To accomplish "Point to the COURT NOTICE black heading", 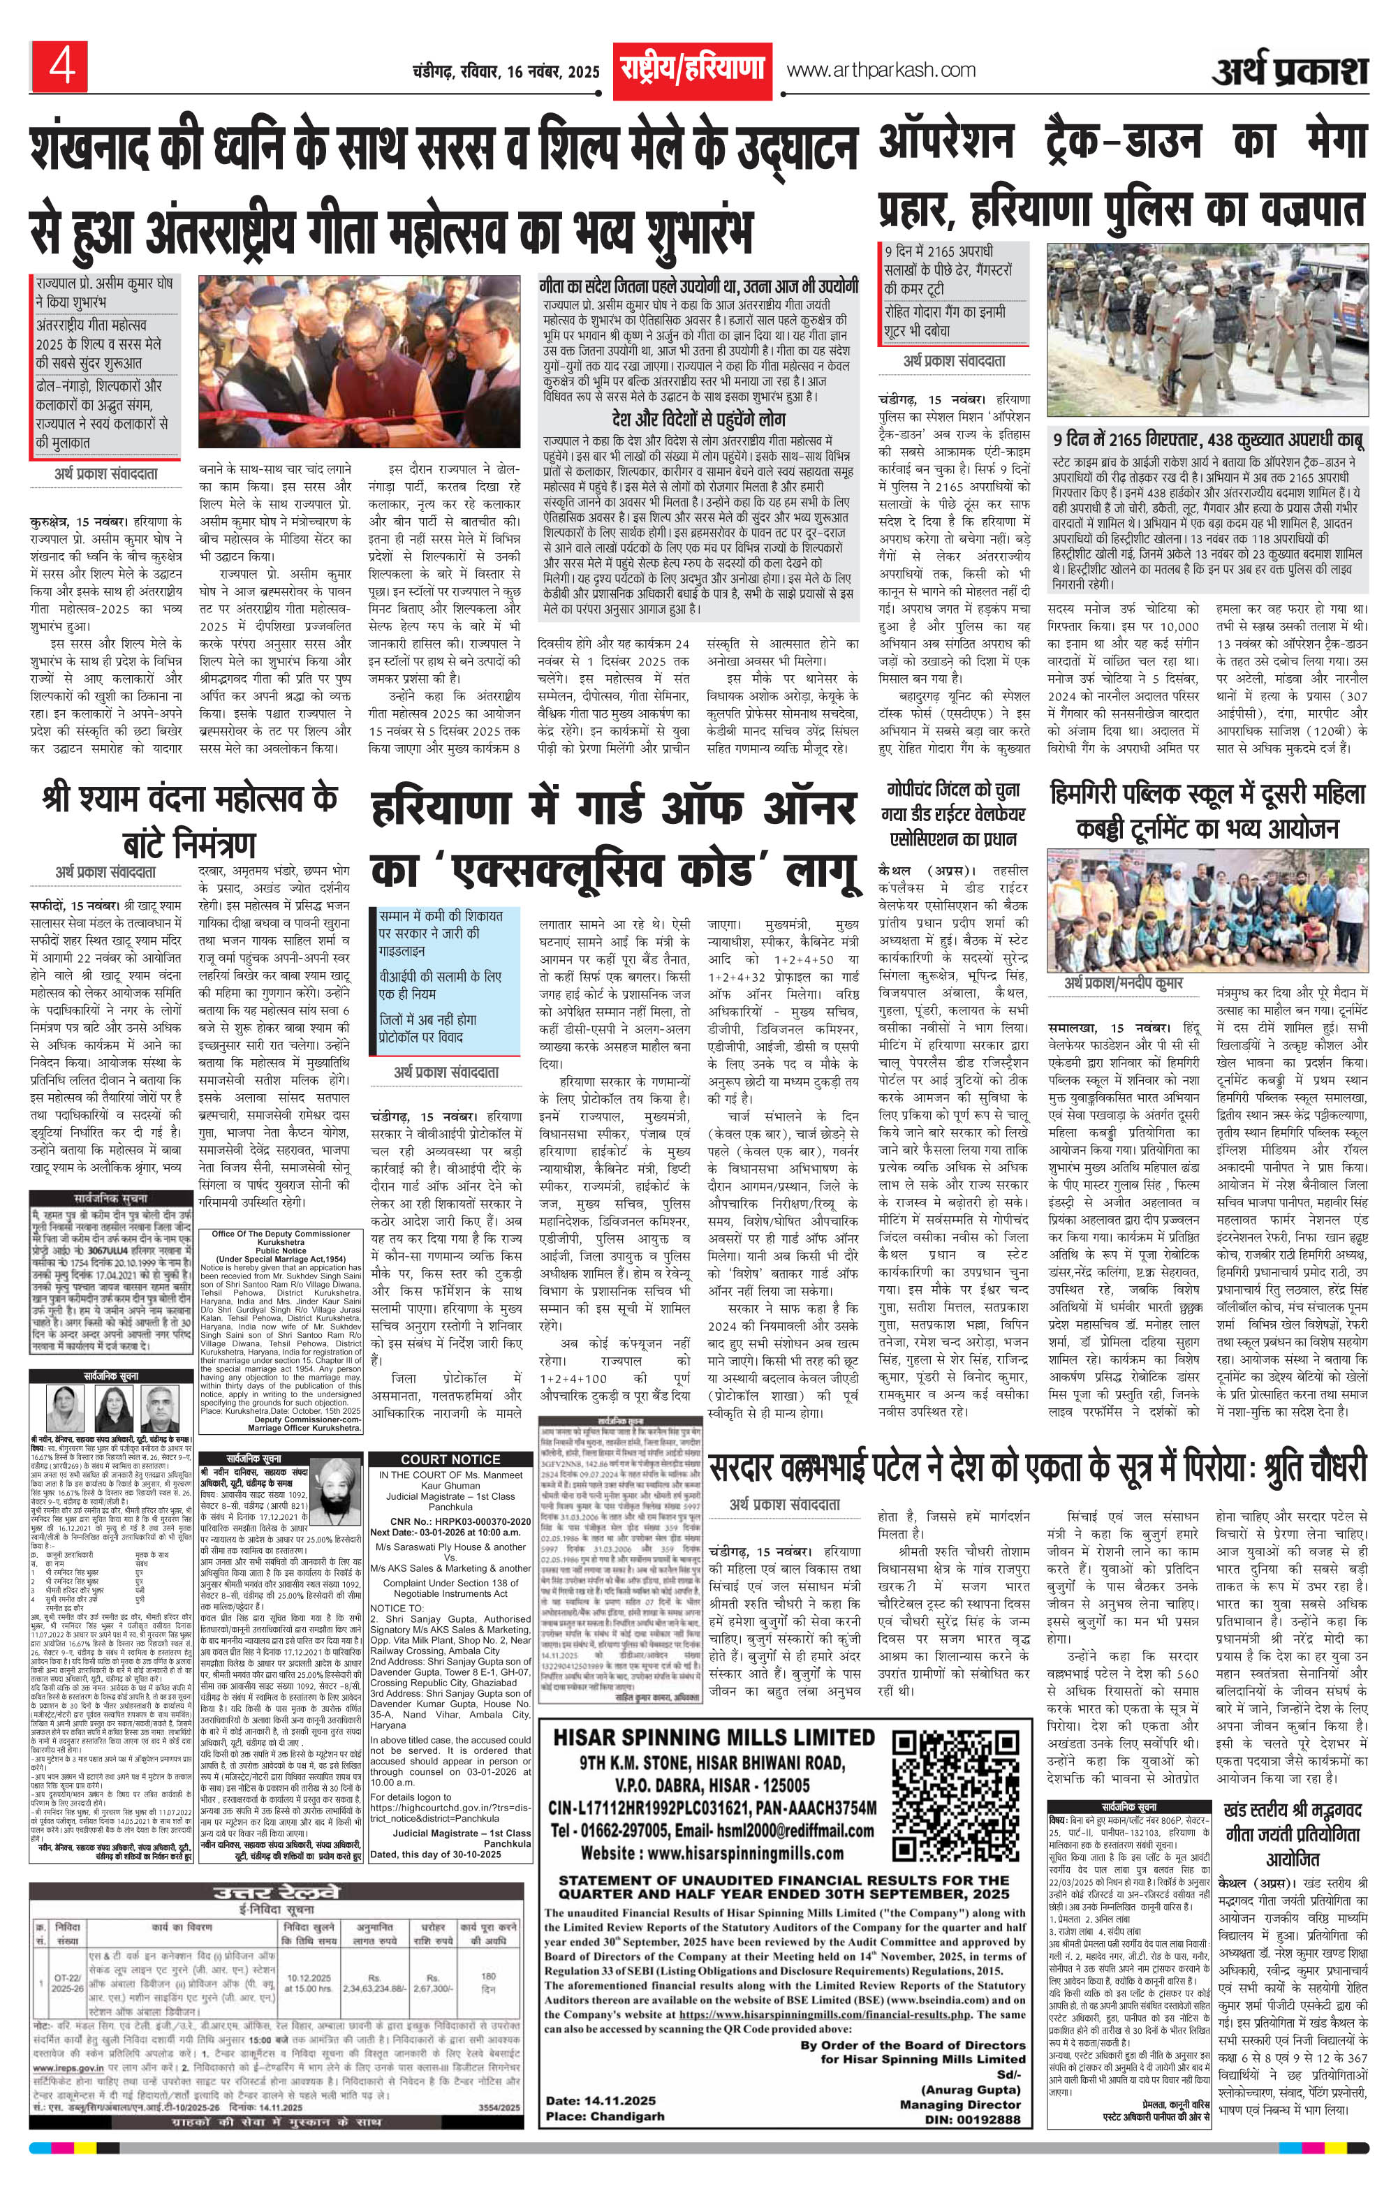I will pos(450,1459).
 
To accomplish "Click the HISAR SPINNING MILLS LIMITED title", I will pos(714,1737).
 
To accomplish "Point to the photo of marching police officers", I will pos(1206,329).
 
